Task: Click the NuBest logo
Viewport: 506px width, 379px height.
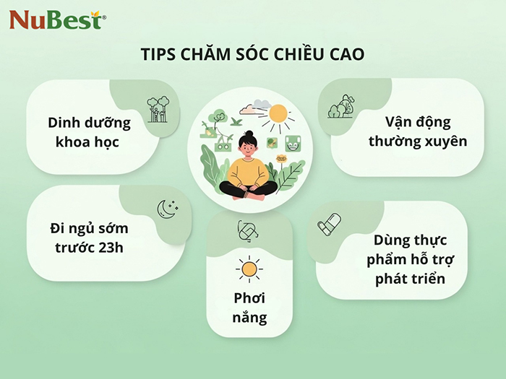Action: tap(57, 19)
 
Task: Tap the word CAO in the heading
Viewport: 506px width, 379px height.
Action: tap(346, 56)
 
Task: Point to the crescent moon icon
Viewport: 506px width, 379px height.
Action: tap(166, 209)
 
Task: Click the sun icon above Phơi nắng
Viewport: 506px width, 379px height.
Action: tap(249, 269)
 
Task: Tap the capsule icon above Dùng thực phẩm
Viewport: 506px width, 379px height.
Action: tap(328, 225)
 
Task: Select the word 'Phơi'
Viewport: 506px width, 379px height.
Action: tap(249, 298)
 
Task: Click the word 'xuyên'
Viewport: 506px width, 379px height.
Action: tap(445, 141)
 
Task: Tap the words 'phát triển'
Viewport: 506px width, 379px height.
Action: tap(410, 278)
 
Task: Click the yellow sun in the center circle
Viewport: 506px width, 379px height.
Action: tap(278, 114)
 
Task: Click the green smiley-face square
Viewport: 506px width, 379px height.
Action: tap(293, 142)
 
